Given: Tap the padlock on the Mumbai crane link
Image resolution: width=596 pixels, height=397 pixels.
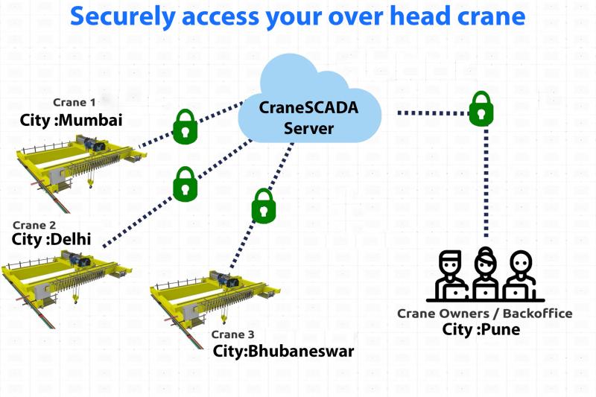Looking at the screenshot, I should (183, 127).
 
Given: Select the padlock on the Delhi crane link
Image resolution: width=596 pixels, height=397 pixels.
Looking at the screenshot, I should (184, 182).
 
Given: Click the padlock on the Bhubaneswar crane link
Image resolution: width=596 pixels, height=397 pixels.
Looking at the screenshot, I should (261, 205).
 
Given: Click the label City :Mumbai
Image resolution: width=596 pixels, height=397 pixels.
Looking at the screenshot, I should (72, 120).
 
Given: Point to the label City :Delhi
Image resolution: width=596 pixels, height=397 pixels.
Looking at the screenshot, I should (52, 240).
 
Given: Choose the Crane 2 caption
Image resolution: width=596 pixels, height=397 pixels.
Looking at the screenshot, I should (34, 224).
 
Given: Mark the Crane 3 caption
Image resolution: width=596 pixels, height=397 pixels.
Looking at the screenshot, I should (232, 334).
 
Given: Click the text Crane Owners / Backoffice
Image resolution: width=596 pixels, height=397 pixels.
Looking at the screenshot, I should (485, 313).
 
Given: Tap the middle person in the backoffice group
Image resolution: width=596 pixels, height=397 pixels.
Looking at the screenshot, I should (485, 272).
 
